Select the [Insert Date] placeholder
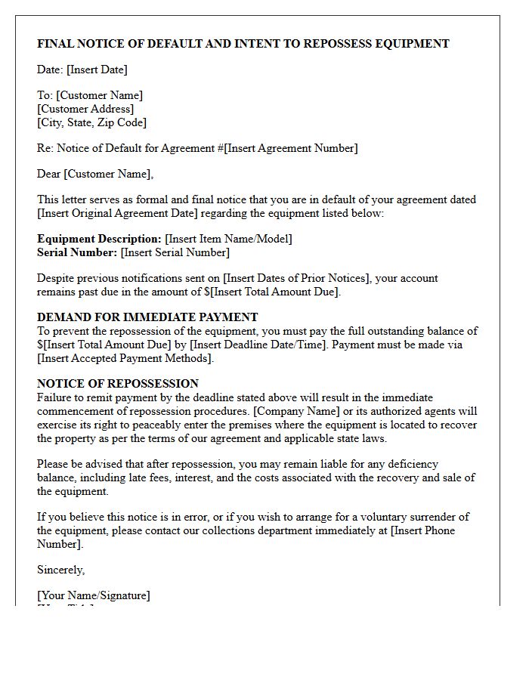(97, 70)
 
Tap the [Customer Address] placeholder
(85, 109)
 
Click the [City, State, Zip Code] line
(91, 122)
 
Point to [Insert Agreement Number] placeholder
(291, 148)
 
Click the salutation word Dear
(49, 174)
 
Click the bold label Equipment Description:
(99, 239)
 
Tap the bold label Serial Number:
(77, 252)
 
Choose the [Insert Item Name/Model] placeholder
(228, 239)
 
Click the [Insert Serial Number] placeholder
(175, 252)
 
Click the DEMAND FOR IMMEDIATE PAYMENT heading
(147, 317)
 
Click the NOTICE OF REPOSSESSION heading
(118, 384)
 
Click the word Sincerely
(60, 570)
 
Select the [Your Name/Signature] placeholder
(94, 595)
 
